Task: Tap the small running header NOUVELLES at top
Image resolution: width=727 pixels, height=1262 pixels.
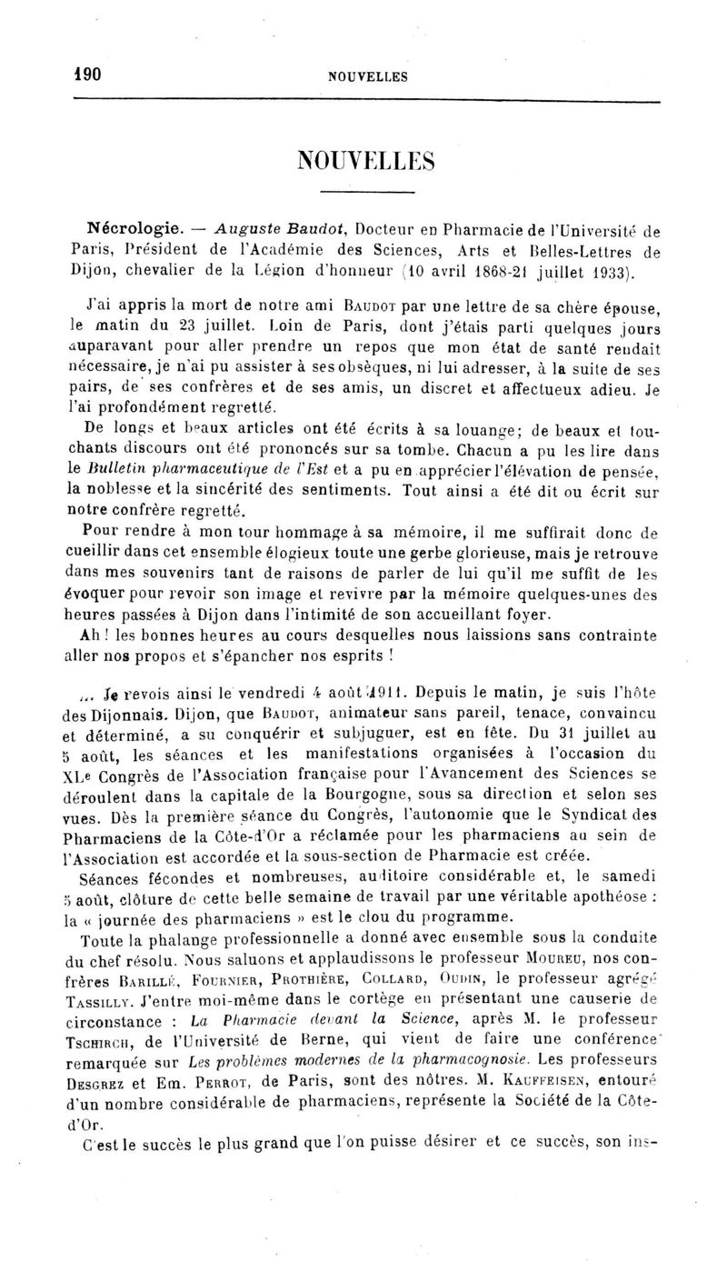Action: (368, 77)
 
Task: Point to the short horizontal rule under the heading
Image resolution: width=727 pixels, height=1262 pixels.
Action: (367, 193)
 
